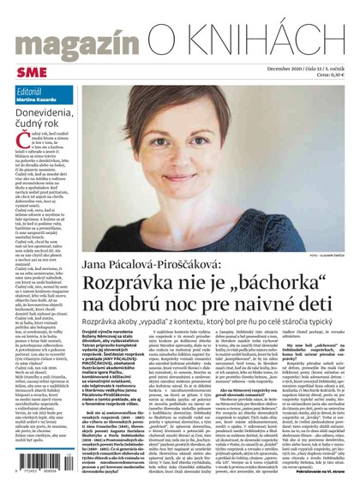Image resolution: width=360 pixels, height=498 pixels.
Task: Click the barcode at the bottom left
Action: coord(37,477)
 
